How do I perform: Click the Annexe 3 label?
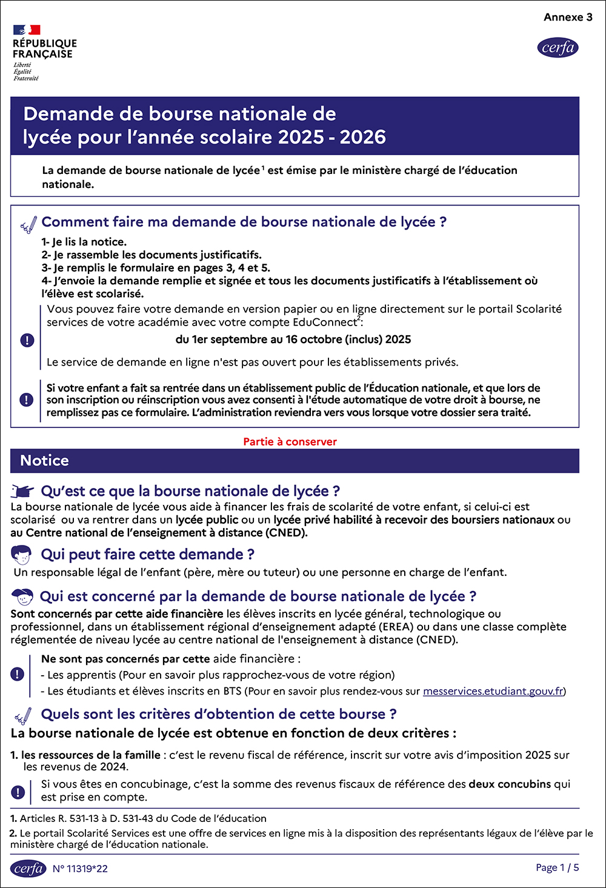(568, 17)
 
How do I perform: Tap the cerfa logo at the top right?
(558, 47)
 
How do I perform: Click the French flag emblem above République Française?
(27, 30)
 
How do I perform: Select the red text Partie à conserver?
(290, 442)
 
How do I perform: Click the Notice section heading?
(44, 461)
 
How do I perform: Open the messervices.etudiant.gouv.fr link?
(493, 691)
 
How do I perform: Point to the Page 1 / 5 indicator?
(557, 867)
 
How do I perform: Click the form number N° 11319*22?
(80, 869)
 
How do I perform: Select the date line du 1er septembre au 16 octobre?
(293, 339)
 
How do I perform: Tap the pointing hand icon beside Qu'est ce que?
(22, 491)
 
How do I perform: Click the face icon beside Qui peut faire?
(21, 554)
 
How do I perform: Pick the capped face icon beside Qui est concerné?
(22, 596)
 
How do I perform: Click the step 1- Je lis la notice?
(84, 242)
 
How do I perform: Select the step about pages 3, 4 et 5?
(156, 268)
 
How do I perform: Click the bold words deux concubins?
(510, 784)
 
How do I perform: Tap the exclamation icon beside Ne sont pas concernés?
(18, 674)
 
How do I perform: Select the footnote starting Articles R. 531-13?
(143, 818)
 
